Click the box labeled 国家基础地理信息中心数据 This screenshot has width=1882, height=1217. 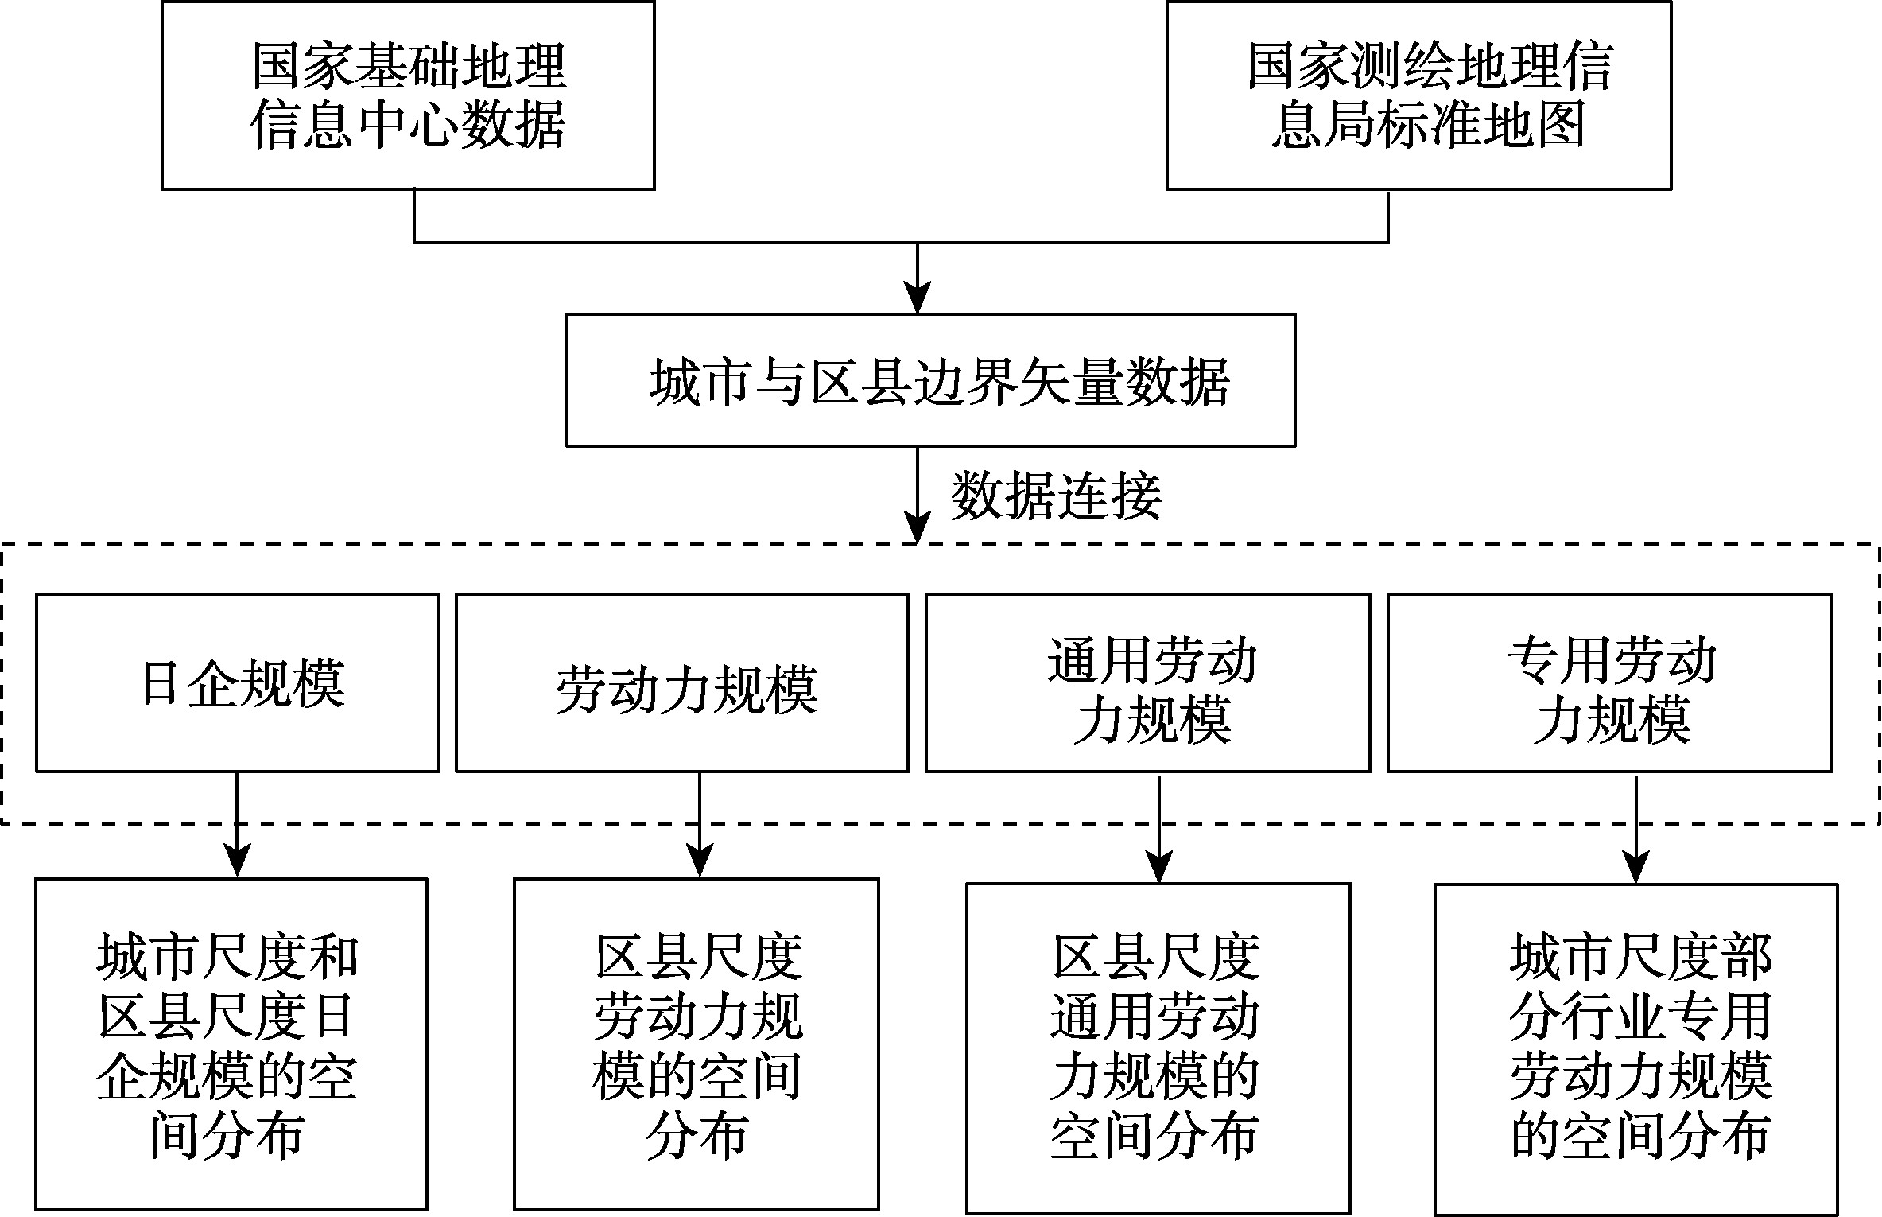[408, 95]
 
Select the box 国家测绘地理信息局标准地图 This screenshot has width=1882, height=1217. [1418, 95]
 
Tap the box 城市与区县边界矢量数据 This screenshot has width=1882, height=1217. [931, 380]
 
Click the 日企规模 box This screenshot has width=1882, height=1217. [238, 682]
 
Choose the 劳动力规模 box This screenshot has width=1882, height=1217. [682, 682]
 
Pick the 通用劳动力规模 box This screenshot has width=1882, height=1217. [1148, 682]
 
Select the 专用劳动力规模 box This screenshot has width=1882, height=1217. [1610, 682]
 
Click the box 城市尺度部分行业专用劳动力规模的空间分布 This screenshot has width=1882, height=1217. [1636, 1049]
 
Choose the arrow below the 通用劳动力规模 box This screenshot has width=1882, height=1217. [1159, 827]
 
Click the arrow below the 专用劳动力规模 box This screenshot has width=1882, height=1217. [1636, 828]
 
